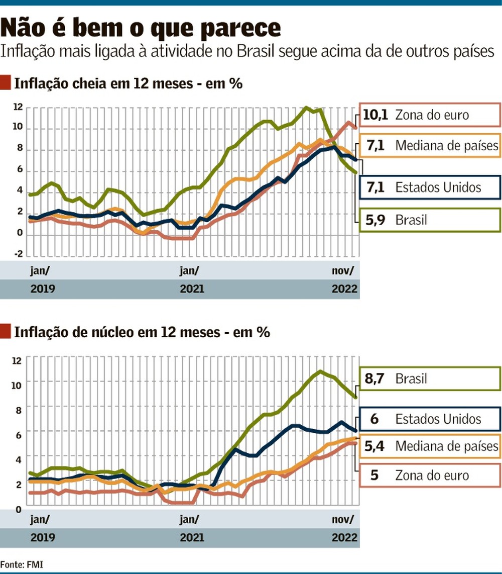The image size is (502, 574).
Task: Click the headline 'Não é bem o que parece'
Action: [141, 28]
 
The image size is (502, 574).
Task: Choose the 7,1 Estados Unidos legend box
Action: [430, 188]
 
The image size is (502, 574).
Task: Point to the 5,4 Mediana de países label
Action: [430, 446]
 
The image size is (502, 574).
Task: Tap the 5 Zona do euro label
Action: [430, 475]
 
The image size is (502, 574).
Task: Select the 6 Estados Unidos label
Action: [430, 419]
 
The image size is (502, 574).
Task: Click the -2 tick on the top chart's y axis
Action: [18, 253]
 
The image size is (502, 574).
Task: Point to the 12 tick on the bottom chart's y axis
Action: [18, 360]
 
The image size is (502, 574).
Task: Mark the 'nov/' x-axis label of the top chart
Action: [342, 271]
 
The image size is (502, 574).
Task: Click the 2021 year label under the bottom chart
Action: [192, 537]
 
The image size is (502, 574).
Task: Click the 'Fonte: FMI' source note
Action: [22, 564]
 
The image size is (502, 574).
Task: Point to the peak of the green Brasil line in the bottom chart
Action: [320, 372]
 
